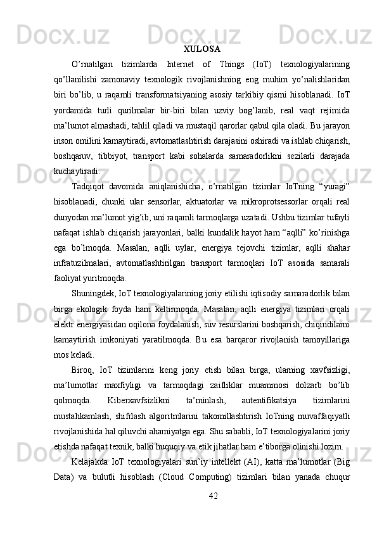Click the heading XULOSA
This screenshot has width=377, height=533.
tap(202, 48)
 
